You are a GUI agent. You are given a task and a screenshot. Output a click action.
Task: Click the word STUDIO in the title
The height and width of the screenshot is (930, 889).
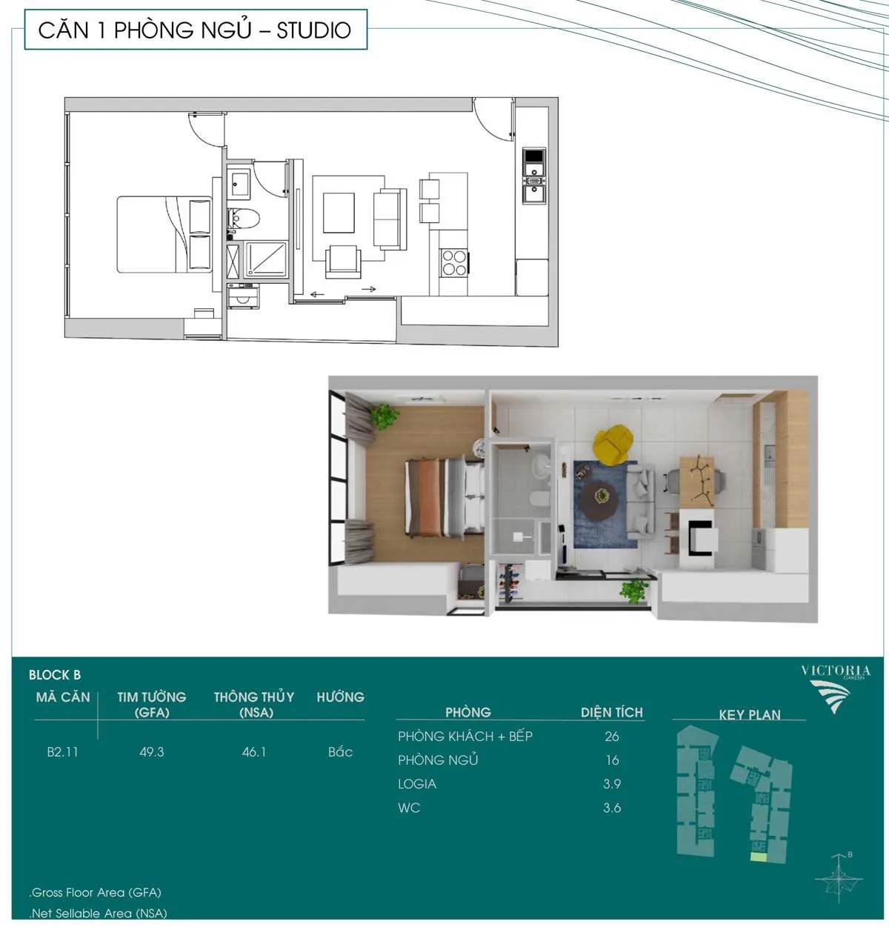[314, 30]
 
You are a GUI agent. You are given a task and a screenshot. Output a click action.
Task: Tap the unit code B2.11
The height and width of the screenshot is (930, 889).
[62, 751]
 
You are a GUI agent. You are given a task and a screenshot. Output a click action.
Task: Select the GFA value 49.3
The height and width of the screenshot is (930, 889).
[152, 751]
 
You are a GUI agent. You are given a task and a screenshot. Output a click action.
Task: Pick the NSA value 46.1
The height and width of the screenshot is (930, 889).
[253, 751]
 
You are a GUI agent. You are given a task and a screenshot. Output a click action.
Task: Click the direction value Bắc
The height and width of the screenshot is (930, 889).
[340, 751]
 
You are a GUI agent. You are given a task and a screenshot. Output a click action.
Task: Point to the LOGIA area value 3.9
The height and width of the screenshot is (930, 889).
[612, 784]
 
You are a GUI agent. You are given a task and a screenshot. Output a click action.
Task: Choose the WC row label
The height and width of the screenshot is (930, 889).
[409, 808]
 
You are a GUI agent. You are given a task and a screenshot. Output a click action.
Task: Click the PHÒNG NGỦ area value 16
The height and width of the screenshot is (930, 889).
[613, 760]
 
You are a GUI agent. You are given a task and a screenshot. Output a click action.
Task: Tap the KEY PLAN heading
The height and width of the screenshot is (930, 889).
[750, 714]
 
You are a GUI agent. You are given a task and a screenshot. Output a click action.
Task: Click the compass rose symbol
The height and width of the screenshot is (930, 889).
[839, 878]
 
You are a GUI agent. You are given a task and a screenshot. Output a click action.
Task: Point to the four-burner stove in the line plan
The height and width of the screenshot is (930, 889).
[454, 262]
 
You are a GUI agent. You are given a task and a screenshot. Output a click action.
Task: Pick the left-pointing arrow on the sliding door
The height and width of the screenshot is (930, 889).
[317, 294]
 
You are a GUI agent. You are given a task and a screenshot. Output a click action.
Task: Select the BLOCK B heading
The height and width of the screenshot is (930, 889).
[55, 675]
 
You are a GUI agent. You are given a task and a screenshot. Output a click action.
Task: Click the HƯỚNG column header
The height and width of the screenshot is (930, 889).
[340, 697]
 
